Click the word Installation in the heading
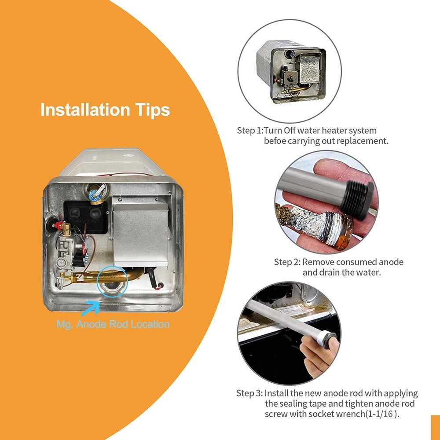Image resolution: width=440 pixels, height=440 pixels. [x=85, y=109]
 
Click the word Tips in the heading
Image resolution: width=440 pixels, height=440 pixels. [x=153, y=110]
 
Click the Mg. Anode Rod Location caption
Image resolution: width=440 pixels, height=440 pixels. [x=113, y=324]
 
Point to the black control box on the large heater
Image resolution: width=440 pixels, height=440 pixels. [x=86, y=216]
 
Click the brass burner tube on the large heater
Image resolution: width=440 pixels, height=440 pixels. [x=104, y=276]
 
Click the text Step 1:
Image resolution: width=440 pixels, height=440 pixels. [x=250, y=131]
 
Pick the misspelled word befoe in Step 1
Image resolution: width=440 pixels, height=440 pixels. [x=275, y=141]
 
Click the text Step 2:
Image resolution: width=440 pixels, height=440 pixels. [x=287, y=262]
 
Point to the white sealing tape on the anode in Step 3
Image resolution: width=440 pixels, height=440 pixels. [x=327, y=337]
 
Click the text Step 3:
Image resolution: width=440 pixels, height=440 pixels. [x=249, y=393]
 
